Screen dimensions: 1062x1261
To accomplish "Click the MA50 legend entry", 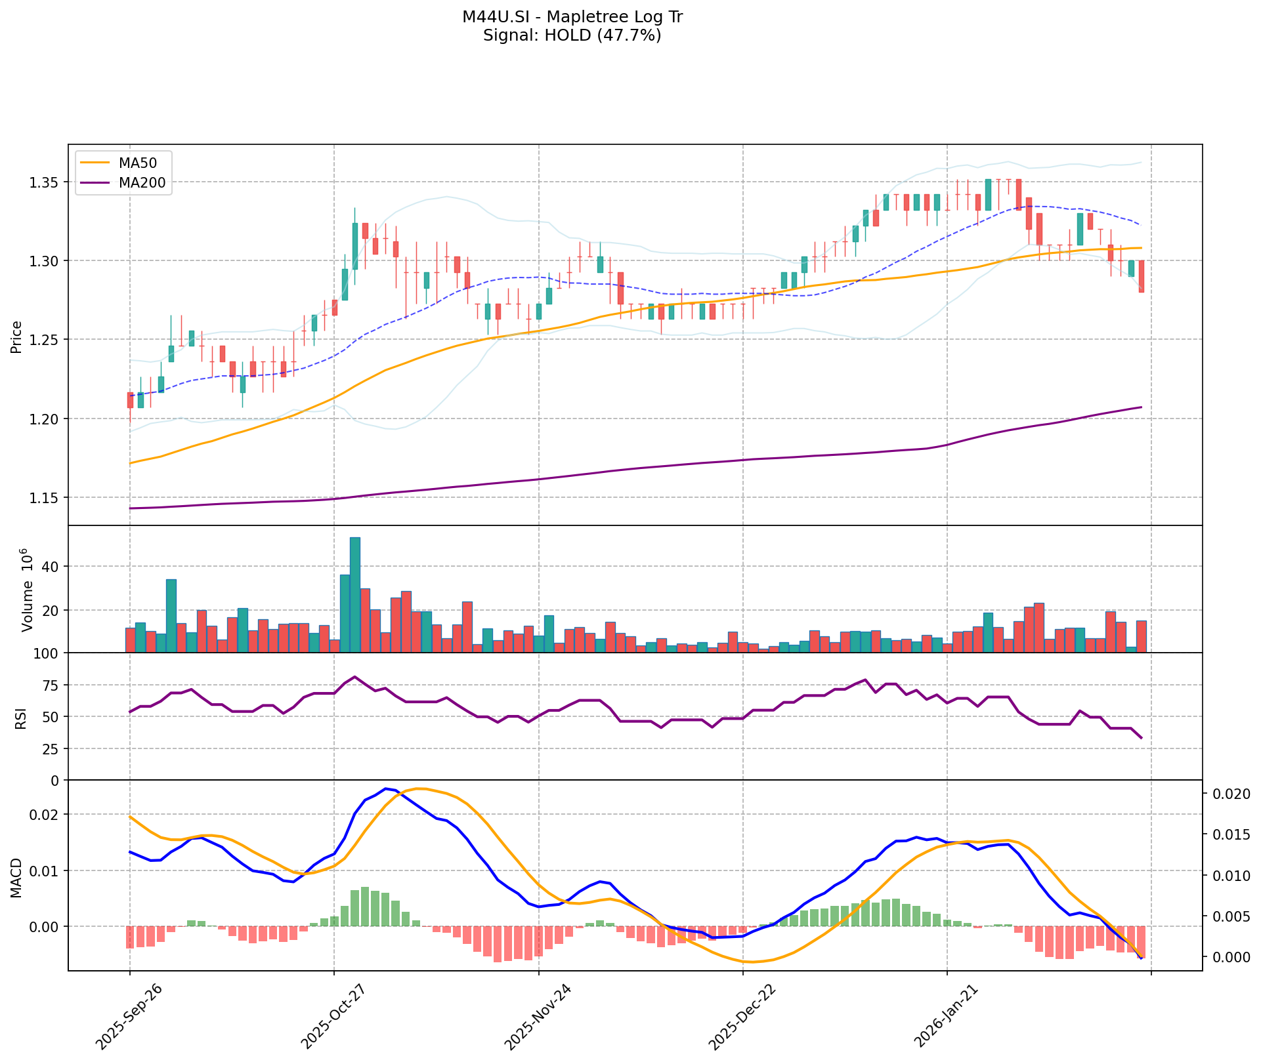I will (x=137, y=162).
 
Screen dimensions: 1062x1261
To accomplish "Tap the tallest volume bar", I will (x=355, y=594).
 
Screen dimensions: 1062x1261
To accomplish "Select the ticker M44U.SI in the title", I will (x=490, y=17).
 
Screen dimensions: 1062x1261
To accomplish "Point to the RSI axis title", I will (x=21, y=718).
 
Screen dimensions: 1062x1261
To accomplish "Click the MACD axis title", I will (x=16, y=878).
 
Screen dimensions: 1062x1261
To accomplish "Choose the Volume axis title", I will (x=27, y=590).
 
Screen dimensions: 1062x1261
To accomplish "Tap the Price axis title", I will (x=16, y=337).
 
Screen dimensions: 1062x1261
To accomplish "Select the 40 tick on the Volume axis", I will (x=50, y=567).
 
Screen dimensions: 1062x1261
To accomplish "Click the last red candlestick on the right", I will (x=1142, y=276).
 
